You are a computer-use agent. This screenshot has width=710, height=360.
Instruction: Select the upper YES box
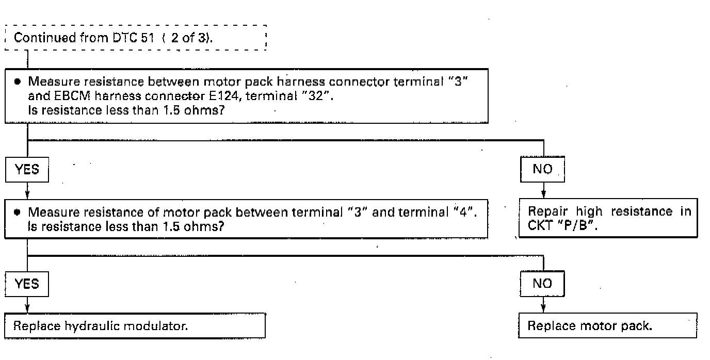27,169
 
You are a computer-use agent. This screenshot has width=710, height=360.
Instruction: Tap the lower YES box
27,284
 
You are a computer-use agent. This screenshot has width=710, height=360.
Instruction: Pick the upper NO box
542,169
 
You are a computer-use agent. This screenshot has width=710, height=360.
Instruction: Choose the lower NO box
542,284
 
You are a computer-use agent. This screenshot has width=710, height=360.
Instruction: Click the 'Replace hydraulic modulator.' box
135,326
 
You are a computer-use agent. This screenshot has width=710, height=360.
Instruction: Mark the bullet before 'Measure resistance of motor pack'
18,212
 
